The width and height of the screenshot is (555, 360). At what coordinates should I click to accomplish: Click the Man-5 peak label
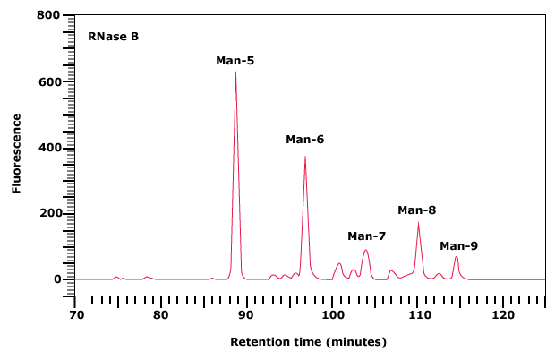235,61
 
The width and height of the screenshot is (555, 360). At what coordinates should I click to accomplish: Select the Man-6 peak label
305,139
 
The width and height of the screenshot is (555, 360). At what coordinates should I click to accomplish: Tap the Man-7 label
367,236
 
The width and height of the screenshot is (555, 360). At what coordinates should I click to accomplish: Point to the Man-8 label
417,210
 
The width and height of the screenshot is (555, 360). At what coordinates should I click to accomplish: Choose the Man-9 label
458,245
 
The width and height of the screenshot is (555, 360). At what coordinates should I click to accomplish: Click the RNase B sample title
113,37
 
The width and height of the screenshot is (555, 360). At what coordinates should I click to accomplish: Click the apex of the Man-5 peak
235,72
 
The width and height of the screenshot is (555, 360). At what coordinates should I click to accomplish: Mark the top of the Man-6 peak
305,157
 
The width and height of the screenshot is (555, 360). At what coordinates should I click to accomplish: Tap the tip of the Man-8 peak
418,223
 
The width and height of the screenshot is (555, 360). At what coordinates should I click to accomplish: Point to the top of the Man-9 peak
457,257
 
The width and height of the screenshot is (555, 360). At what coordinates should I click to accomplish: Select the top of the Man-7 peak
365,250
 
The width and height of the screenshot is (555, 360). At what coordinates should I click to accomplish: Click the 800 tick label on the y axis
49,16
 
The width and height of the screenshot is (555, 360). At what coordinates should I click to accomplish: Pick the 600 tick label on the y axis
49,82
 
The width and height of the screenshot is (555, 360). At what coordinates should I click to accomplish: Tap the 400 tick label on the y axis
49,148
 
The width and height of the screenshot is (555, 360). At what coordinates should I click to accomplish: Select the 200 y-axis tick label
49,213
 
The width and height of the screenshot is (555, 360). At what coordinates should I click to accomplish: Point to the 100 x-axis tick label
332,315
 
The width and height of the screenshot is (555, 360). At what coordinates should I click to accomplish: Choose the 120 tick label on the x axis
503,315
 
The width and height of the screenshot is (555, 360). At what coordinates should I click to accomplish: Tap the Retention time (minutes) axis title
309,342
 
